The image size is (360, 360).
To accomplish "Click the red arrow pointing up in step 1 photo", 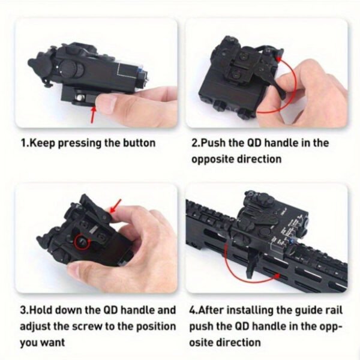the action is tap(93, 114).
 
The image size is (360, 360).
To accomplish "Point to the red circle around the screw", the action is tap(82, 242).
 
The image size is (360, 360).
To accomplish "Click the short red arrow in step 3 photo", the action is tap(116, 206).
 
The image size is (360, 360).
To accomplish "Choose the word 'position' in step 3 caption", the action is tap(156, 327).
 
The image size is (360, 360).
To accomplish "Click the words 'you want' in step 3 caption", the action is tap(42, 343).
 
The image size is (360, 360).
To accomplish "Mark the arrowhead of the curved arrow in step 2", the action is tap(278, 59).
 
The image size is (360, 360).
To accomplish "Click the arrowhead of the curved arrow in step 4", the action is tap(277, 275).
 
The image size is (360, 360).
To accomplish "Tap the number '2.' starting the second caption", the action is tap(196, 143).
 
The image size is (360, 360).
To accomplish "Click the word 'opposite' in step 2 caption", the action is tap(212, 160).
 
